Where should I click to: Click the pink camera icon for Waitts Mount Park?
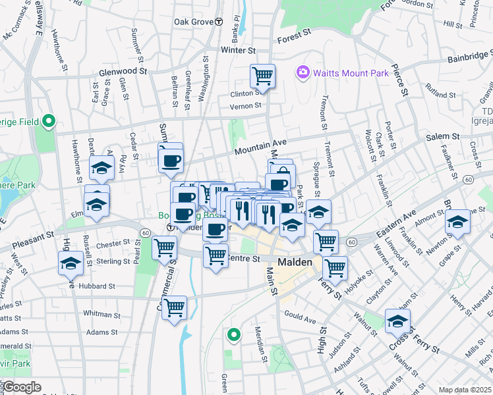[303, 72]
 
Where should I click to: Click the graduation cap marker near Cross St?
[397, 321]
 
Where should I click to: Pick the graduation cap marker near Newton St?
[458, 222]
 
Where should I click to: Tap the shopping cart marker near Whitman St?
[174, 307]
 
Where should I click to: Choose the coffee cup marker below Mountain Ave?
[171, 159]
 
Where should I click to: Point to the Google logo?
[22, 387]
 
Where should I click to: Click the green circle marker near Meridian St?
[233, 336]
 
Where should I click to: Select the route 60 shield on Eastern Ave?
[352, 243]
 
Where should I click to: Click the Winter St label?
[238, 50]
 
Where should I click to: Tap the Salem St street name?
[442, 136]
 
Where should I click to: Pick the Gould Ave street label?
[301, 319]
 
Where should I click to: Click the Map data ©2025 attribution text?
[465, 390]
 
